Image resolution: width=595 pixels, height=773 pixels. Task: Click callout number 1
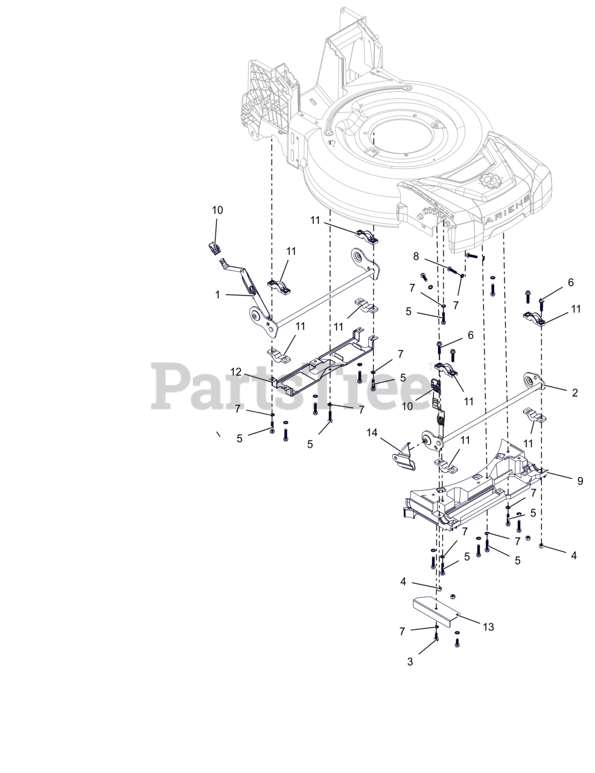pyautogui.click(x=218, y=296)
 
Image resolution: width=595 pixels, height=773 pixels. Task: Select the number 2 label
pyautogui.click(x=574, y=393)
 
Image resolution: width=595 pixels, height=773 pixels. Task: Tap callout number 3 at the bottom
pyautogui.click(x=410, y=661)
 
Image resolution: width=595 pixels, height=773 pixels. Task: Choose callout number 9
pyautogui.click(x=580, y=481)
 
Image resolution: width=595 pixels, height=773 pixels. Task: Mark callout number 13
pyautogui.click(x=488, y=627)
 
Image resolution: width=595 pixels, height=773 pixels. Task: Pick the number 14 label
pyautogui.click(x=372, y=432)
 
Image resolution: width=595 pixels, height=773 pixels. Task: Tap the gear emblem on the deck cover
pyautogui.click(x=489, y=181)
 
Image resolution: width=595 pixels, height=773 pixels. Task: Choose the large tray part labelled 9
pyautogui.click(x=477, y=489)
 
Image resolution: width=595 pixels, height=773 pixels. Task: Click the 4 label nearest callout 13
pyautogui.click(x=403, y=582)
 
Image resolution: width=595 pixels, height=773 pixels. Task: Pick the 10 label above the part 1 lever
pyautogui.click(x=217, y=210)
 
